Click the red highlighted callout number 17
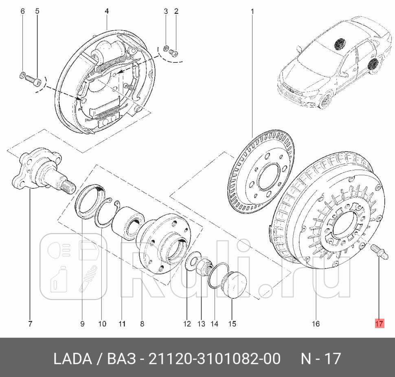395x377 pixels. [379, 324]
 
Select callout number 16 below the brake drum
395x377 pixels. [316, 324]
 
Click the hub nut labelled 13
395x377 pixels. [202, 269]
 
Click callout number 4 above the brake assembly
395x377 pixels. [107, 11]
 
